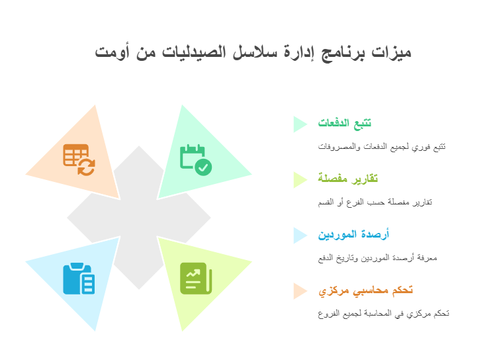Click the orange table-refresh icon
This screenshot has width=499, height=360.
[79, 159]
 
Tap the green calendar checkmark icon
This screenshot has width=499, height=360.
[196, 159]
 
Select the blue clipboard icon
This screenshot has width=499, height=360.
[79, 279]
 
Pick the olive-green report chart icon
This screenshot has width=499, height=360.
[196, 279]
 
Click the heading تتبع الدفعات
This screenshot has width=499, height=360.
[345, 123]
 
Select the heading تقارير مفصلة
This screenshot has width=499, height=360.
[348, 179]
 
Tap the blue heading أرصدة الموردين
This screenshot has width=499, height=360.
[353, 234]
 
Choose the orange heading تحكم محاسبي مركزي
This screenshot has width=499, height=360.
[366, 291]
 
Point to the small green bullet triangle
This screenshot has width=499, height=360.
[300, 124]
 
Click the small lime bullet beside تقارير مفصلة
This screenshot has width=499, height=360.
[300, 180]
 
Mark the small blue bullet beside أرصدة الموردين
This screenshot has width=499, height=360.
[300, 236]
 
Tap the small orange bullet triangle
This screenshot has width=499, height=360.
[300, 291]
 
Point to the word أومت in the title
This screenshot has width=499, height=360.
[112, 52]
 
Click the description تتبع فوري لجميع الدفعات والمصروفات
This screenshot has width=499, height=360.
[382, 147]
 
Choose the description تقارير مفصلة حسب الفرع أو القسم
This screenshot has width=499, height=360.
[375, 202]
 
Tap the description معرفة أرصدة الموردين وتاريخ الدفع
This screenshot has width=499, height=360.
[378, 258]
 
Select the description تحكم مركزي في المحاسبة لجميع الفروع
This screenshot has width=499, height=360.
[383, 314]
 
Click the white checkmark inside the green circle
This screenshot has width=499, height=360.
[203, 167]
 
